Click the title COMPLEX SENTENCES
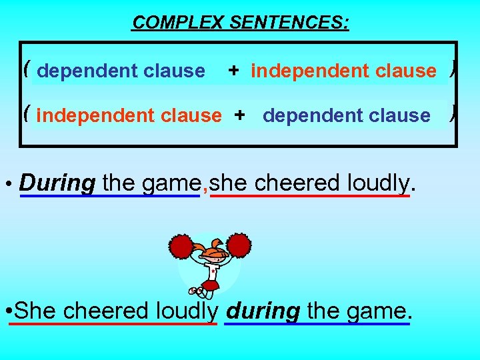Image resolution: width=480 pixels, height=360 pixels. pyautogui.click(x=240, y=23)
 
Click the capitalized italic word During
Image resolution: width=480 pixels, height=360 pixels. pyautogui.click(x=57, y=183)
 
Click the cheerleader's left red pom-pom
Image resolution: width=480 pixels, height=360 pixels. pyautogui.click(x=181, y=247)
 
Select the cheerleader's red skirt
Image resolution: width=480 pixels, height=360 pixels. pyautogui.click(x=211, y=286)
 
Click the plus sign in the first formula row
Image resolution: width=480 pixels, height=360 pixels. pyautogui.click(x=233, y=71)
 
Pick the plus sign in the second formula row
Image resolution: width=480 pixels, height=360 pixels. pyautogui.click(x=239, y=115)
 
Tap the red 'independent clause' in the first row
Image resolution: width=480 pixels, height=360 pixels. pyautogui.click(x=343, y=71)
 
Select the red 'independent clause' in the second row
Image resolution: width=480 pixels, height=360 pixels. pyautogui.click(x=129, y=116)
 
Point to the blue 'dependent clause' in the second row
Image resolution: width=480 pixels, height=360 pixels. pyautogui.click(x=347, y=116)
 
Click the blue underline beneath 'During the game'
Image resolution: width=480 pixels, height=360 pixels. pyautogui.click(x=110, y=196)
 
